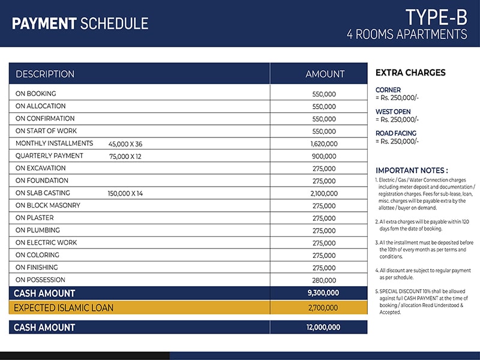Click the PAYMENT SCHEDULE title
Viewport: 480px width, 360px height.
(80, 24)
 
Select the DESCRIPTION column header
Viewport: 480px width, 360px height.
(45, 74)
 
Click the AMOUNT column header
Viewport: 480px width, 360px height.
(325, 74)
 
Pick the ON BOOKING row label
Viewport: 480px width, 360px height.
(35, 94)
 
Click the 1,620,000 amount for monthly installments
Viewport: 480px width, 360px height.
(324, 144)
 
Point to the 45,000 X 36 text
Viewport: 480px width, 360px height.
(125, 144)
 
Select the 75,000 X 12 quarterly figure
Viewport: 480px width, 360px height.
(125, 156)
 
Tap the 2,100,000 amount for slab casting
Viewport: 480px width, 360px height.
(324, 194)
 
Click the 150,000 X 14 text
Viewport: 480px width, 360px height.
(125, 193)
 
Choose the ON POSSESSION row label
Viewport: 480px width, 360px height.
(40, 280)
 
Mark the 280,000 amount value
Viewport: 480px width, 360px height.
(324, 280)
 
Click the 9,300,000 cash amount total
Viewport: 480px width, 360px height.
(324, 293)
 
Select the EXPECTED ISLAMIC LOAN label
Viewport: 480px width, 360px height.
(63, 308)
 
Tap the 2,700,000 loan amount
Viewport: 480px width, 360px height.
(324, 308)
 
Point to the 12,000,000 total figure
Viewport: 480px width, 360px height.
(324, 328)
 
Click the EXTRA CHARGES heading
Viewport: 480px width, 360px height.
(410, 73)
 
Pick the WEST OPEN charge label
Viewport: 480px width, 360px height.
(393, 112)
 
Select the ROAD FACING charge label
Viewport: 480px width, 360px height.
(395, 133)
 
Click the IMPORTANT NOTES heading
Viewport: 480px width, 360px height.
(411, 170)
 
